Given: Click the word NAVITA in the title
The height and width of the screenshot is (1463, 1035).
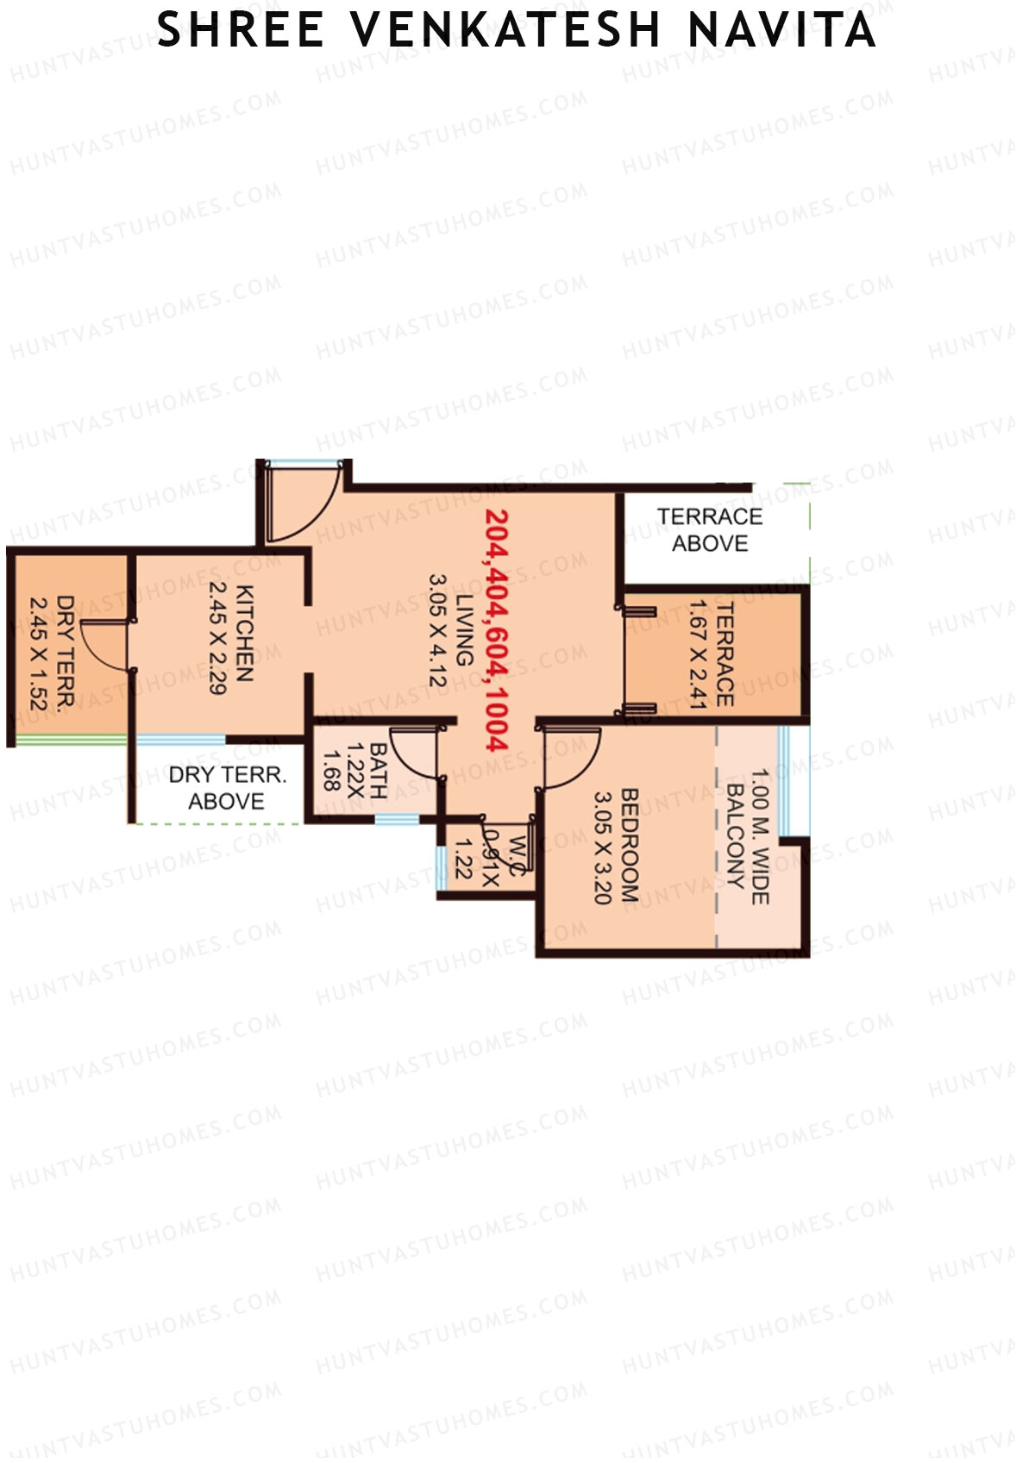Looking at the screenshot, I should pyautogui.click(x=781, y=30).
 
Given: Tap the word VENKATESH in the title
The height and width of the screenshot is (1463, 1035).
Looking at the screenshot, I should pyautogui.click(x=505, y=30).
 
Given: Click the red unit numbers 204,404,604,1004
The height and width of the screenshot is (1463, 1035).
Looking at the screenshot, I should pyautogui.click(x=497, y=629).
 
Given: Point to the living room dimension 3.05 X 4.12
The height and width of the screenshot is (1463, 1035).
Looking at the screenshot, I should pyautogui.click(x=437, y=630).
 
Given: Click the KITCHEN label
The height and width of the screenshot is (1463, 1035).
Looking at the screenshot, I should pyautogui.click(x=244, y=634).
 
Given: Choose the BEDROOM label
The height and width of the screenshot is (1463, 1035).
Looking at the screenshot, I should pyautogui.click(x=630, y=845).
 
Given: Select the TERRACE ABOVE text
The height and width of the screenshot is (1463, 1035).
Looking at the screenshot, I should pyautogui.click(x=710, y=529).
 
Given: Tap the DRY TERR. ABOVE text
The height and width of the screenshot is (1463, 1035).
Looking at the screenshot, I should pyautogui.click(x=226, y=788).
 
